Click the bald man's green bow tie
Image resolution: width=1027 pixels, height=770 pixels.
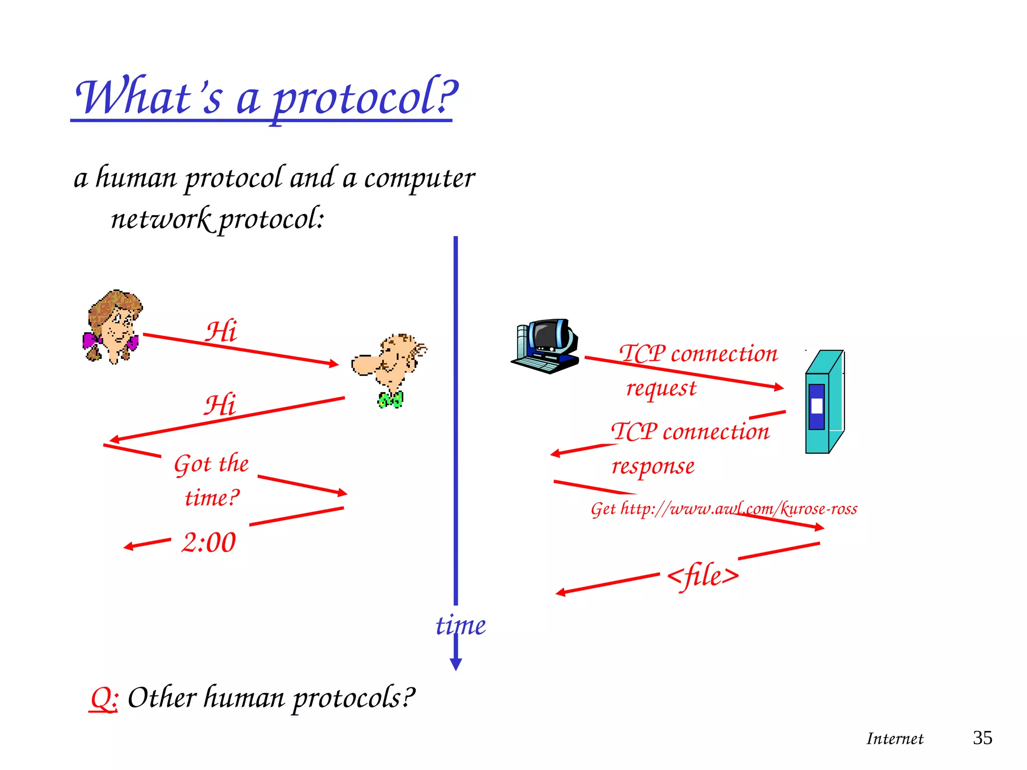tap(390, 400)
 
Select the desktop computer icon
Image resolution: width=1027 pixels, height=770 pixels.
tap(546, 346)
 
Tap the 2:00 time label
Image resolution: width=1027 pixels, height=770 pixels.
tap(208, 543)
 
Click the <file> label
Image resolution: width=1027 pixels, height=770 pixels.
tap(703, 575)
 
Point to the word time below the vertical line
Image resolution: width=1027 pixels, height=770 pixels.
tap(460, 626)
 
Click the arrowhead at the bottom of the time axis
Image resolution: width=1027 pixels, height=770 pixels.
tap(455, 664)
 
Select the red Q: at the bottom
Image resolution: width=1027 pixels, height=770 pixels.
tap(104, 698)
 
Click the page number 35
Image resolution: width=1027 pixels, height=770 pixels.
tap(982, 738)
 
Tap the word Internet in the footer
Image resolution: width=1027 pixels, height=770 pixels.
tap(895, 739)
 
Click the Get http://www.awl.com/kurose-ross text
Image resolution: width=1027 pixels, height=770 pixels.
tap(724, 509)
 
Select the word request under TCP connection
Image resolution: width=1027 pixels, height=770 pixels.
tap(661, 389)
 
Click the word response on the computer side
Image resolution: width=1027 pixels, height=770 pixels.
tap(653, 467)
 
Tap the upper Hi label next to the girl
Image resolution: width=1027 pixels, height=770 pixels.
tap(221, 332)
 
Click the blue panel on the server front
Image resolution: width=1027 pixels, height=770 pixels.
tap(816, 407)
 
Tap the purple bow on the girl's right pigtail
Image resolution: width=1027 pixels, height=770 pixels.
tap(132, 343)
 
